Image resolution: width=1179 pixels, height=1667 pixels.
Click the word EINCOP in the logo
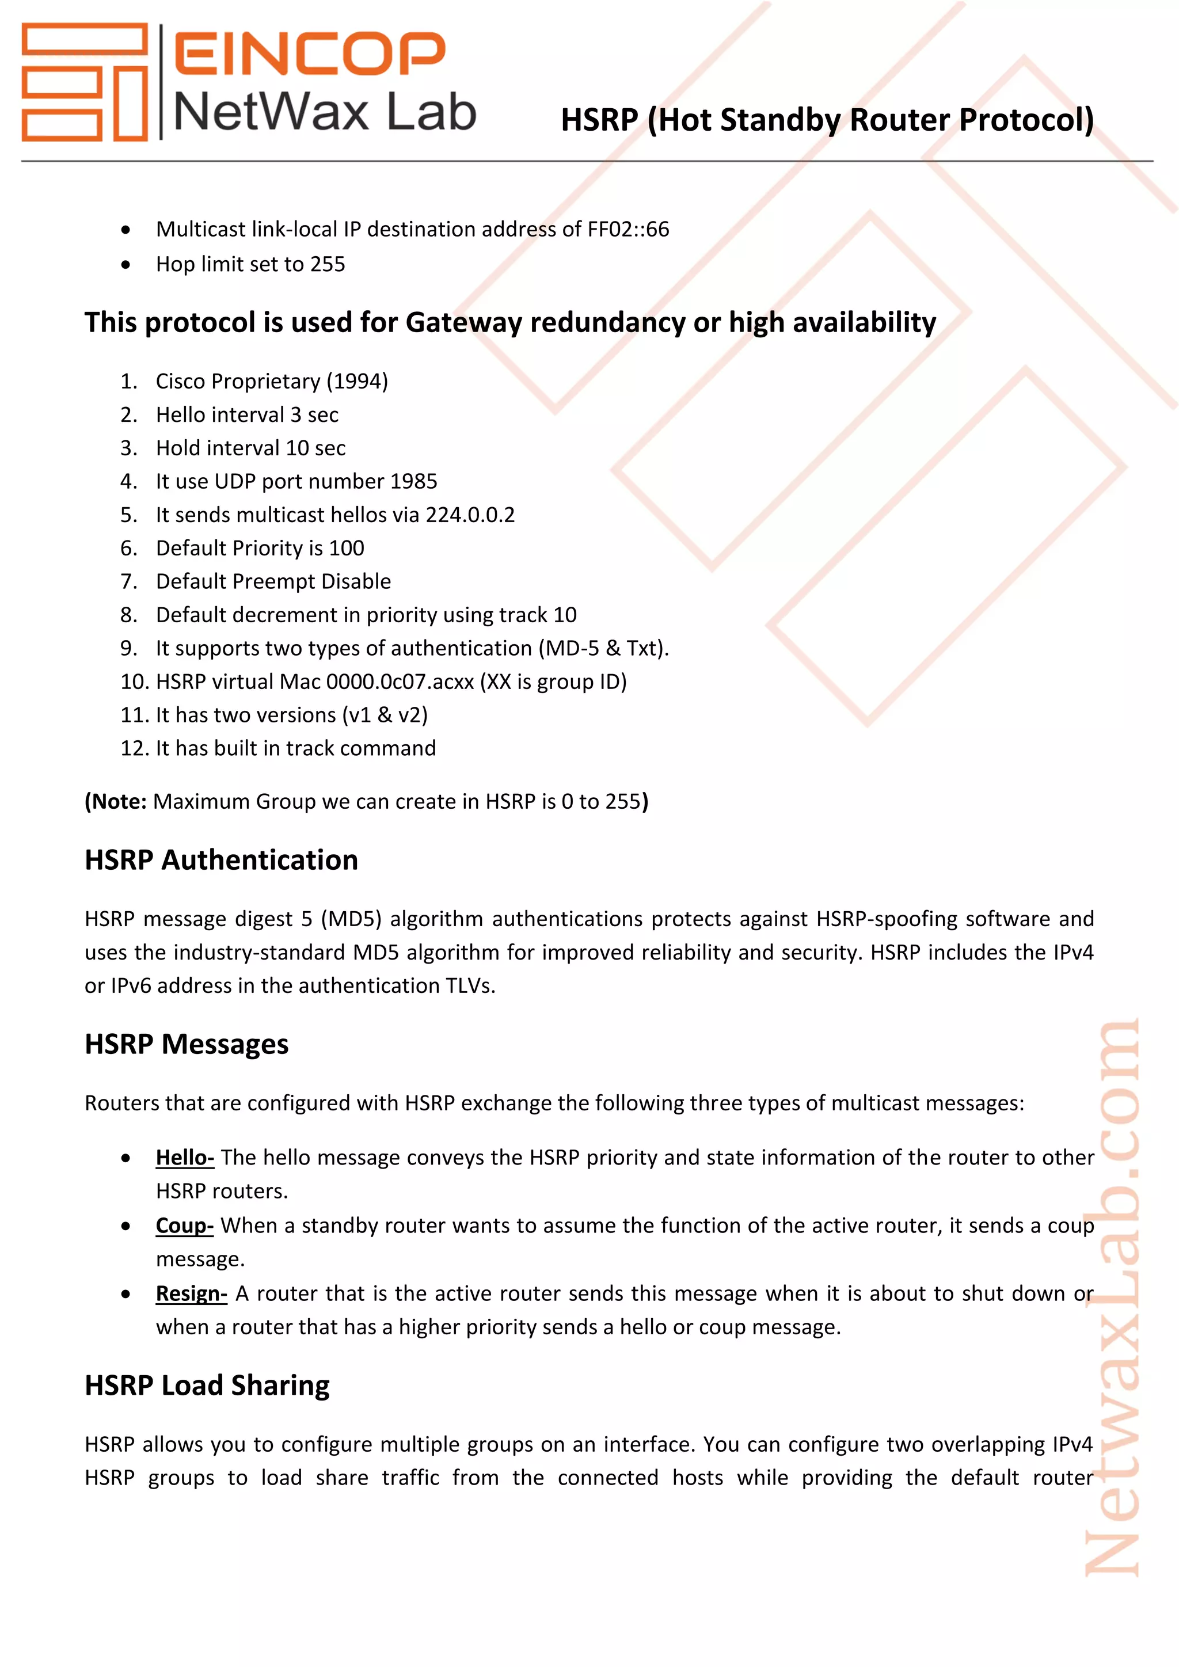pyautogui.click(x=309, y=53)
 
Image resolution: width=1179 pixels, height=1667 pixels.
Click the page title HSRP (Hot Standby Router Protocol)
pyautogui.click(x=827, y=120)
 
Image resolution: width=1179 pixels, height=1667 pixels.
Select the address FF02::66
pyautogui.click(x=628, y=230)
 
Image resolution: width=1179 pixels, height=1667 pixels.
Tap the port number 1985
pyautogui.click(x=413, y=481)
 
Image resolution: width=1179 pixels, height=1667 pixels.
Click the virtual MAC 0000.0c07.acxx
pyautogui.click(x=400, y=682)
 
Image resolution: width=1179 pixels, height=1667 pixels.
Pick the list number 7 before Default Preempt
pyautogui.click(x=128, y=581)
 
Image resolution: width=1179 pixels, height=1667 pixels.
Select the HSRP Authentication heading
pyautogui.click(x=222, y=859)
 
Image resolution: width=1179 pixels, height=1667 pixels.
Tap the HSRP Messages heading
pyautogui.click(x=187, y=1044)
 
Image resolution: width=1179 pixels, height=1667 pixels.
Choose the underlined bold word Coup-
pyautogui.click(x=184, y=1225)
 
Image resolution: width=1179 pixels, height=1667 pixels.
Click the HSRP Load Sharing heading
pyautogui.click(x=207, y=1386)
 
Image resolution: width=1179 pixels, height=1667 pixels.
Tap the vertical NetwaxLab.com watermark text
pyautogui.click(x=1112, y=1300)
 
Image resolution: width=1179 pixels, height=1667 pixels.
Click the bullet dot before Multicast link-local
pyautogui.click(x=126, y=230)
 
